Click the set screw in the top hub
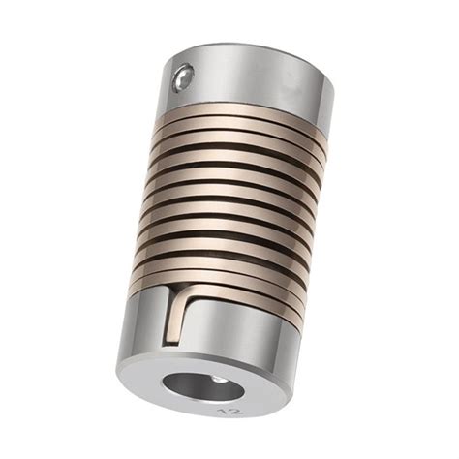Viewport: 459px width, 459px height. click(182, 77)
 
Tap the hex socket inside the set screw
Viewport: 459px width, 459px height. click(181, 78)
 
